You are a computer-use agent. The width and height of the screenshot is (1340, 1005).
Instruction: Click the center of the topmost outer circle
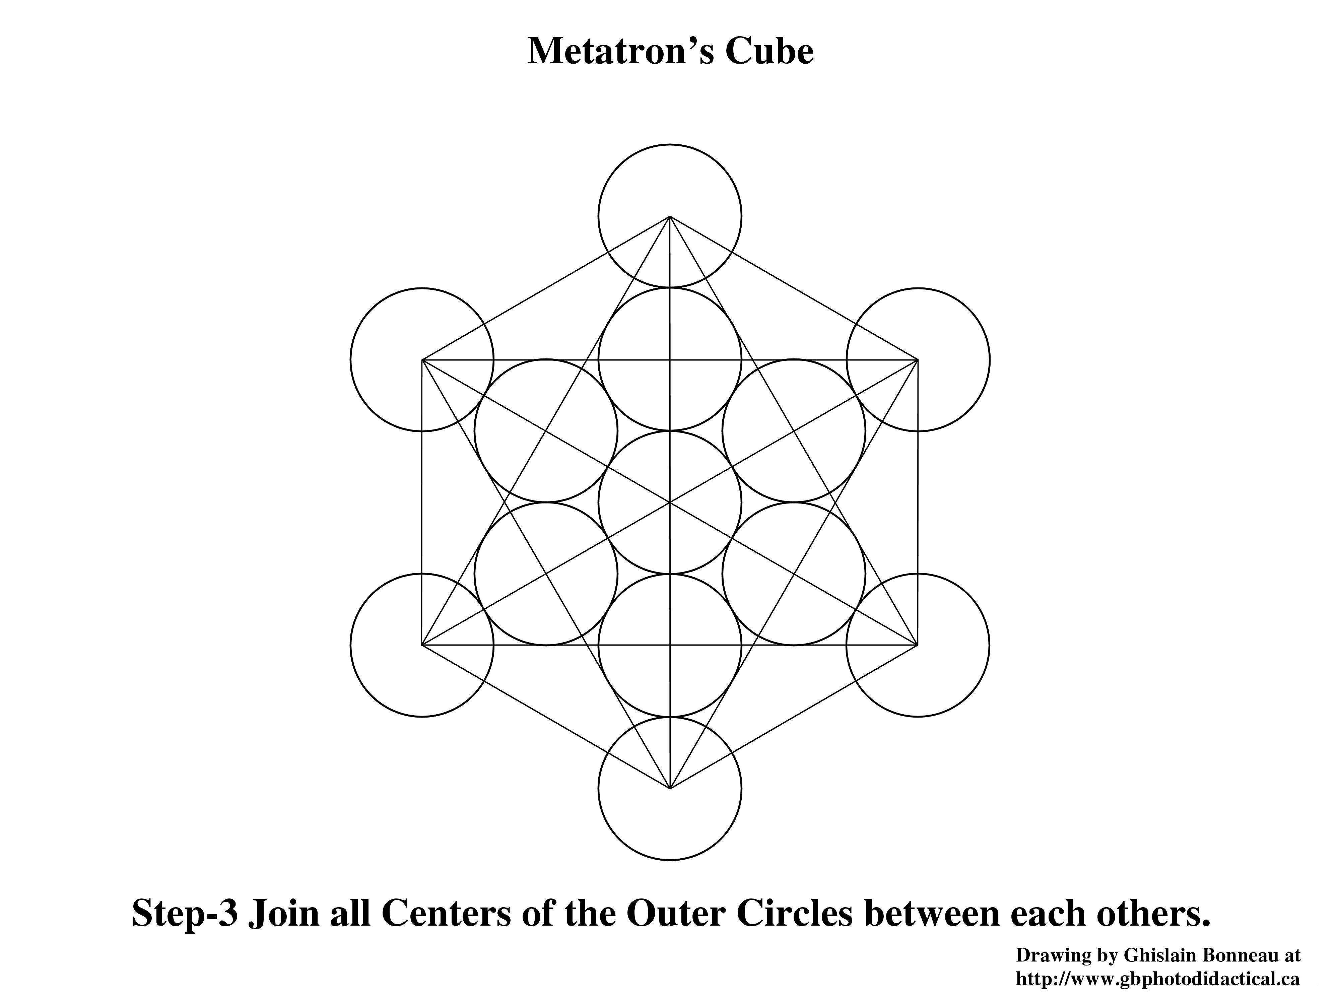[x=670, y=216]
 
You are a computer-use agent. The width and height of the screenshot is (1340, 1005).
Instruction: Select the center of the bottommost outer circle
[x=670, y=789]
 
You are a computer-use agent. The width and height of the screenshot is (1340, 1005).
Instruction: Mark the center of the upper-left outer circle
[x=422, y=360]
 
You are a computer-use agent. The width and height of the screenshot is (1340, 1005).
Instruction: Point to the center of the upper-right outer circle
[x=918, y=360]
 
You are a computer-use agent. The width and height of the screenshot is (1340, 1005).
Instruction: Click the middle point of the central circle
[x=670, y=502]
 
